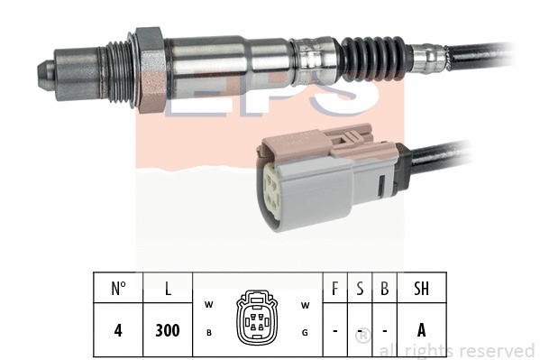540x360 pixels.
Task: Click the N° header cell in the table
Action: click(x=118, y=290)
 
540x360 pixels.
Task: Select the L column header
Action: click(x=168, y=290)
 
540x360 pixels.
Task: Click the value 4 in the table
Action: click(x=118, y=330)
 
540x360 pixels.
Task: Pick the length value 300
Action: click(x=168, y=330)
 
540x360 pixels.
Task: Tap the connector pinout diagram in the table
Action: click(x=257, y=318)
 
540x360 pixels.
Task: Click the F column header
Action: click(x=335, y=290)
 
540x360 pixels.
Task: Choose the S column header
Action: click(x=360, y=290)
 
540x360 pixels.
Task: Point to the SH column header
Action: click(x=421, y=290)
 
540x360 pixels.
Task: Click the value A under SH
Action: click(x=421, y=330)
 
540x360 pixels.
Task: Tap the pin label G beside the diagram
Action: click(x=305, y=332)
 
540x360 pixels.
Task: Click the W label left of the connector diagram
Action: click(x=208, y=303)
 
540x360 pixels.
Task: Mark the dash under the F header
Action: click(x=335, y=331)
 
